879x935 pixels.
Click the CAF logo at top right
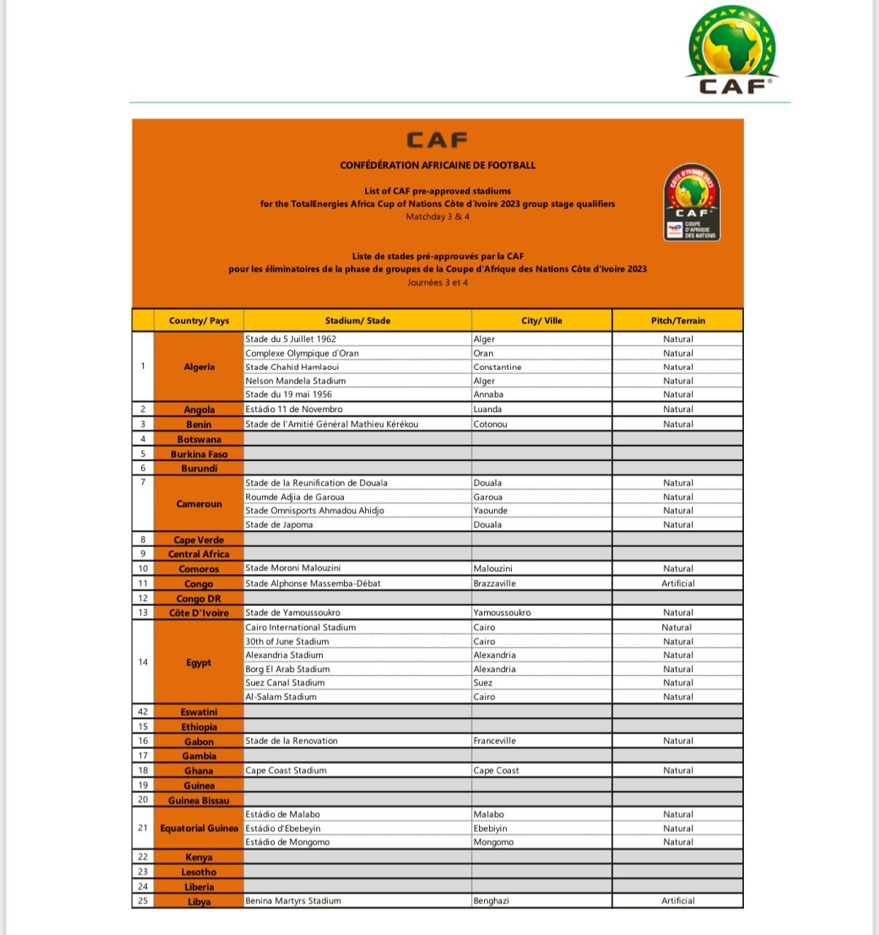click(x=732, y=51)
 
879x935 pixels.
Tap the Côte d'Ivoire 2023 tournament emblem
click(x=691, y=202)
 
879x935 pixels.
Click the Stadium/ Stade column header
click(x=358, y=321)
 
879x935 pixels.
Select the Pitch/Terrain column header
click(x=678, y=321)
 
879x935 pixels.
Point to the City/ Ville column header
click(x=542, y=321)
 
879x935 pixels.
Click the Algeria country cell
click(x=199, y=367)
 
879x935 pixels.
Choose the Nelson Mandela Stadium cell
click(x=296, y=381)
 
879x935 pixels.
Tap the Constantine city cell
click(x=497, y=367)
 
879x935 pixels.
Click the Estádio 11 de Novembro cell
click(x=293, y=409)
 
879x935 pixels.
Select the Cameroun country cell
click(x=199, y=504)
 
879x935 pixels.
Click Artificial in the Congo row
click(x=678, y=584)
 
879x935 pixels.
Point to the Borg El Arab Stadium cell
click(x=288, y=669)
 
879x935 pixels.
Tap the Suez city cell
click(x=483, y=683)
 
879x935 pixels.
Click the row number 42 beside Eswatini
click(x=143, y=711)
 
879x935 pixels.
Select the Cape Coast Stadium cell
click(x=286, y=771)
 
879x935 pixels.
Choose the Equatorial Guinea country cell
click(x=199, y=828)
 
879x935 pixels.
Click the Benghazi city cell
click(x=491, y=901)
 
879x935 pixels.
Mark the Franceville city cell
click(x=494, y=741)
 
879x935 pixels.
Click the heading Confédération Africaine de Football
click(x=437, y=165)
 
